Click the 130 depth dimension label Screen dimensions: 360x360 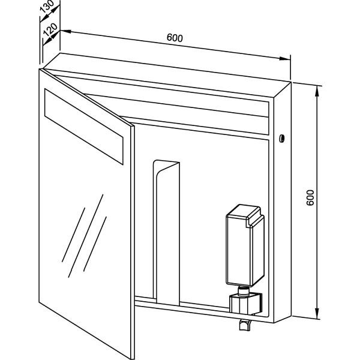tap(47, 7)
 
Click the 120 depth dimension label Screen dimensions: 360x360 tap(50, 29)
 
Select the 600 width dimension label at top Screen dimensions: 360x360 tap(175, 38)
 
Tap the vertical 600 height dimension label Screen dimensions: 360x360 tap(310, 197)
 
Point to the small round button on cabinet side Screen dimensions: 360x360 tap(281, 138)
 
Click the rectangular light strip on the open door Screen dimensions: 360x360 tap(84, 127)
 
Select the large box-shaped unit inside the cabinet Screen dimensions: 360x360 tap(245, 245)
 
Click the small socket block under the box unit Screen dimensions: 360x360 tap(245, 304)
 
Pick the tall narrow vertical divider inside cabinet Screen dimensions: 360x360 tap(166, 232)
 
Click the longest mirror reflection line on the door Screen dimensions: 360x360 tap(86, 236)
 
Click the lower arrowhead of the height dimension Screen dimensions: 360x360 tap(317, 314)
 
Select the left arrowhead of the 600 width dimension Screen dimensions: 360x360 tap(65, 31)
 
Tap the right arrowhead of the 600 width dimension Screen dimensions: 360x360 tap(285, 59)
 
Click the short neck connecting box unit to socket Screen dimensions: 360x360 tap(243, 290)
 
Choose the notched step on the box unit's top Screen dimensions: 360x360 tap(254, 218)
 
